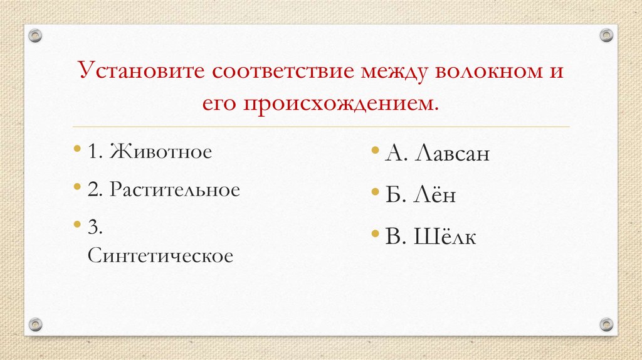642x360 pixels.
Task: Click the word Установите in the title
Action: (x=141, y=71)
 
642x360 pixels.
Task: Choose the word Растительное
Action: (x=174, y=189)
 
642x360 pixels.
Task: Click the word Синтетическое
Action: (x=160, y=255)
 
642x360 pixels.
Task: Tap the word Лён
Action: (x=434, y=195)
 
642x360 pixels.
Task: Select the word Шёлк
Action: (x=444, y=236)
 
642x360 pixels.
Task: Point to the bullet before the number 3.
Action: (x=76, y=224)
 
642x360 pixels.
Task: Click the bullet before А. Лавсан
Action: (x=374, y=151)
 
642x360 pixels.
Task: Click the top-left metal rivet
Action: (x=36, y=36)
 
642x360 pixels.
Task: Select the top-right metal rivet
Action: (x=606, y=36)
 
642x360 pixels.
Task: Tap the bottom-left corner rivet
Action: (x=36, y=324)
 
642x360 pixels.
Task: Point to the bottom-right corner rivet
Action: (x=606, y=324)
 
